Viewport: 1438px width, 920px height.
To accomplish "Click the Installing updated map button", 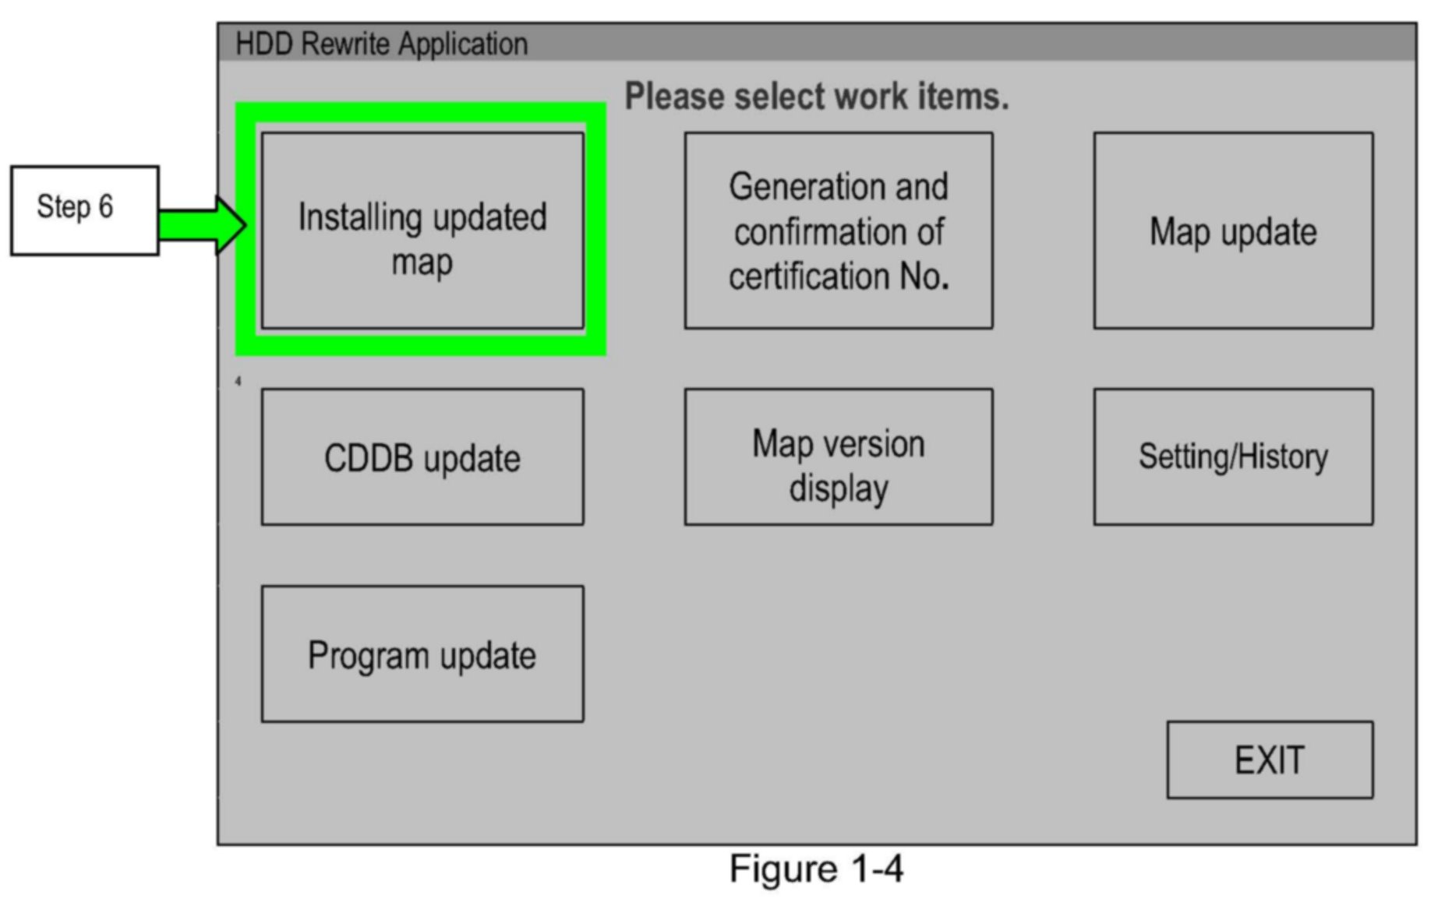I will click(422, 231).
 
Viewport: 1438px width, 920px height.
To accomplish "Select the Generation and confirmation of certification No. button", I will click(838, 231).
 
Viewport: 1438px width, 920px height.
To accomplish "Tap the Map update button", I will click(1232, 231).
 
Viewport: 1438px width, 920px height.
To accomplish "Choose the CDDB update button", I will click(422, 457).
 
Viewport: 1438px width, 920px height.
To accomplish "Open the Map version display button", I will click(838, 457).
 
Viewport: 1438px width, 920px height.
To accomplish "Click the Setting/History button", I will click(1232, 457).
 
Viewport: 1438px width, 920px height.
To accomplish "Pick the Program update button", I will click(422, 654).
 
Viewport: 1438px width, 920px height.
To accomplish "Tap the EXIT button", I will click(1269, 760).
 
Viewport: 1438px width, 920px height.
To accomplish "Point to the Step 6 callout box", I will click(84, 210).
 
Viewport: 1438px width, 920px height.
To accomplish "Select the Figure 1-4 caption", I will click(816, 869).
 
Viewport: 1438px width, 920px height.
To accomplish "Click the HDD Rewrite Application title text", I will click(381, 44).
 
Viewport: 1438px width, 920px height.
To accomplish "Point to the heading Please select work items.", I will click(816, 97).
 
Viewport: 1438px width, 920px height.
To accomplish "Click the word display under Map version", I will click(838, 489).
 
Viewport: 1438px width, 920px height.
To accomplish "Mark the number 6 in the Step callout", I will click(105, 207).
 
